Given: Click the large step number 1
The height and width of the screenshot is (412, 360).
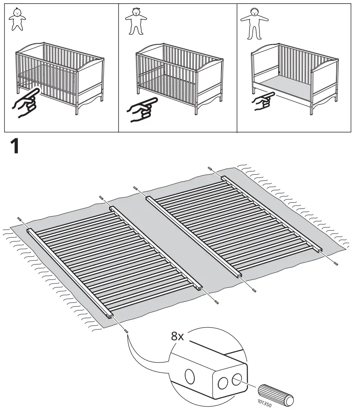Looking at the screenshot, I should [15, 147].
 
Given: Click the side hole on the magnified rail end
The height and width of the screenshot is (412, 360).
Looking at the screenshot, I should [190, 376].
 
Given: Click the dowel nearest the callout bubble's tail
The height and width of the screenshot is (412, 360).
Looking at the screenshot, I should [126, 331].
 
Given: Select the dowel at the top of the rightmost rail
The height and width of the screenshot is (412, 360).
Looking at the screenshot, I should [210, 168].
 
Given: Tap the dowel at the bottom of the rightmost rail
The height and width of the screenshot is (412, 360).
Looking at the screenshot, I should [336, 263].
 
